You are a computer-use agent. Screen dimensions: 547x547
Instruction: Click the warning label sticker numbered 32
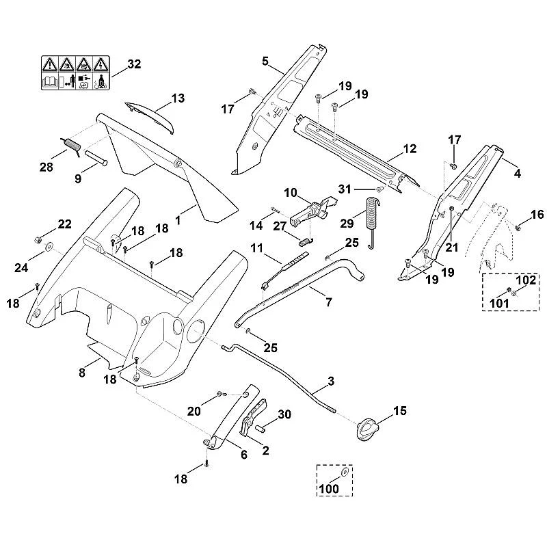(x=75, y=73)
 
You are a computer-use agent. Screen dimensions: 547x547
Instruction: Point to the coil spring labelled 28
(x=72, y=144)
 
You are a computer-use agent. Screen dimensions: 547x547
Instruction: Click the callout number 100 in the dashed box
(x=329, y=488)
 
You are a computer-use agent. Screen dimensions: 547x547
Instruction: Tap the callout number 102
(x=525, y=280)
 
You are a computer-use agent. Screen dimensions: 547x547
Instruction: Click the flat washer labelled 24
(x=47, y=247)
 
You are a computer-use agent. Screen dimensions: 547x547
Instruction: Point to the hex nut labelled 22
(x=38, y=240)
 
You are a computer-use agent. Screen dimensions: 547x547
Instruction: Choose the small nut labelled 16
(x=518, y=228)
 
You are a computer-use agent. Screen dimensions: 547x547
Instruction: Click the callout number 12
(x=410, y=149)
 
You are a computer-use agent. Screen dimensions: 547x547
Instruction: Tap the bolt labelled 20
(x=221, y=394)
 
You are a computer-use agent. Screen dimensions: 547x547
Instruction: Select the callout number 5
(x=265, y=62)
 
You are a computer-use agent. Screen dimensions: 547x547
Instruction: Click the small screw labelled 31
(x=380, y=189)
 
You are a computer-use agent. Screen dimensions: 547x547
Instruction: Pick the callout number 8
(x=81, y=373)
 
